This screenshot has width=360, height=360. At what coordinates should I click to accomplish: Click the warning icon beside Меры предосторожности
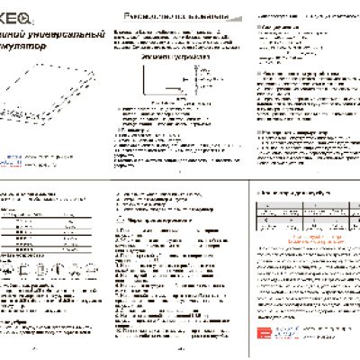[124, 220]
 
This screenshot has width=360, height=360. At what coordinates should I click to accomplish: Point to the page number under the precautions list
[180, 351]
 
